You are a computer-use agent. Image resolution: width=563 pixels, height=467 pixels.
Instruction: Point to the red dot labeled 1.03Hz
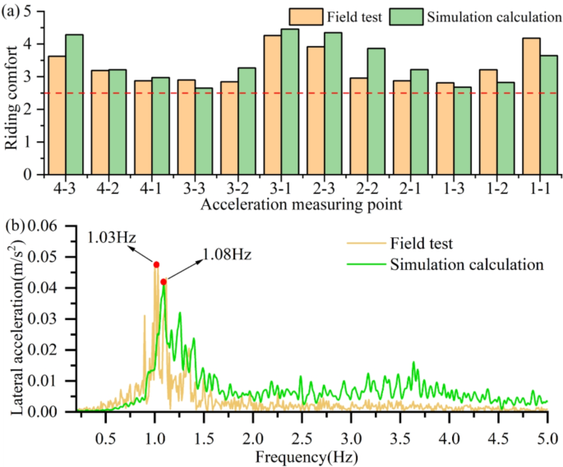(x=156, y=264)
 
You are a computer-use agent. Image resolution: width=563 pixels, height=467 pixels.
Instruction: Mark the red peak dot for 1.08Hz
(x=164, y=282)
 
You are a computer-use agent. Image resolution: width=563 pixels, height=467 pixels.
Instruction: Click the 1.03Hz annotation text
(x=111, y=238)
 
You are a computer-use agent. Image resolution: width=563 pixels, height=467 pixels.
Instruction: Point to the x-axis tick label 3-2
(x=237, y=189)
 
